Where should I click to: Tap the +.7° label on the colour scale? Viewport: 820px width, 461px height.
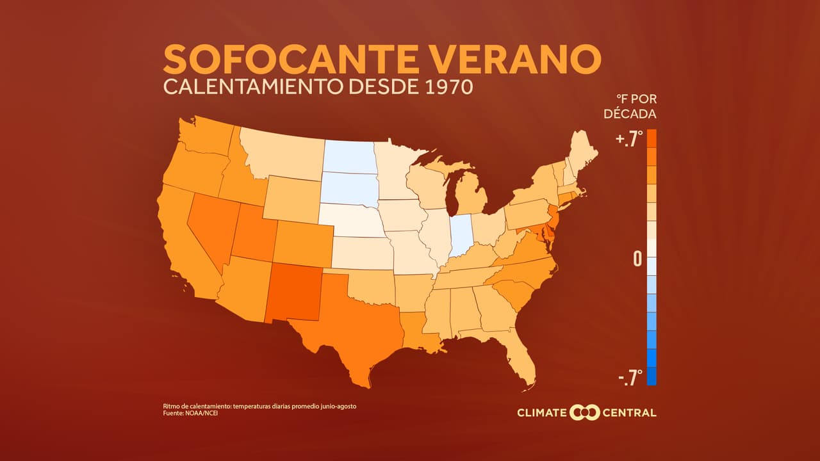click(628, 140)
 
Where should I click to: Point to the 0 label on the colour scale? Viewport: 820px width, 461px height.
click(637, 259)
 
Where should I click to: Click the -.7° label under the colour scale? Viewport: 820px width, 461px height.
click(630, 378)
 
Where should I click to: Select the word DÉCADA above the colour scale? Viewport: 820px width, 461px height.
click(630, 114)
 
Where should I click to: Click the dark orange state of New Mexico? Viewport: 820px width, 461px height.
click(295, 292)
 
